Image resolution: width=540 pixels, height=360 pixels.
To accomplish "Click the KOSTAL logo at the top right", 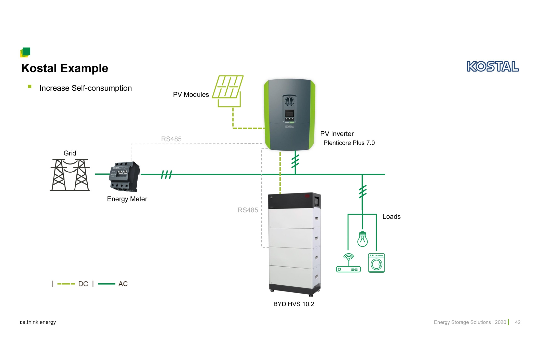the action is [493, 66].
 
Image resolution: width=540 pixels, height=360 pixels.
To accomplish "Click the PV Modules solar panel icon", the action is [228, 91].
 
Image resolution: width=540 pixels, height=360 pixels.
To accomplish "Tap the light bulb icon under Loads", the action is [362, 239].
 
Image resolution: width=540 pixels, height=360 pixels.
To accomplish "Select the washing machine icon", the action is [376, 263].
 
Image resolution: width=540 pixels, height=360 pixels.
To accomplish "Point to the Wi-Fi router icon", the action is [348, 263].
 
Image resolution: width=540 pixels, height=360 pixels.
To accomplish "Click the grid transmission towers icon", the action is [70, 175].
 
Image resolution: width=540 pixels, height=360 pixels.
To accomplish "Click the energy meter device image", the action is [125, 176].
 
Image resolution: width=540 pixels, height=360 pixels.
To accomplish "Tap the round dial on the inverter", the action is [289, 101].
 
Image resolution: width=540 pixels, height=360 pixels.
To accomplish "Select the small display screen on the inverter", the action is [289, 113].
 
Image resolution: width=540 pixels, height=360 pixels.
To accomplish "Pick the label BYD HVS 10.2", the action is [294, 304].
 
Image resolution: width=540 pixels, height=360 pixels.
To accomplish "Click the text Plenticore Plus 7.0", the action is [349, 143].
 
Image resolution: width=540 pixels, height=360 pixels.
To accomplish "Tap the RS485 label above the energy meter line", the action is [171, 139].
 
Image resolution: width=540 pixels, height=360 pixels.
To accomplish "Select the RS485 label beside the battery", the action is [248, 210].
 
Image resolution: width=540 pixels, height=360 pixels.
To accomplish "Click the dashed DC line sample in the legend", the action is [66, 284].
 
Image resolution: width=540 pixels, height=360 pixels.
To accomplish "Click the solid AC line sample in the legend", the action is [106, 284].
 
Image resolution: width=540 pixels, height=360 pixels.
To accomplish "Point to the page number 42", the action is [518, 322].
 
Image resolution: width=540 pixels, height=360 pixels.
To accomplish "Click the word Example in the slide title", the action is [84, 68].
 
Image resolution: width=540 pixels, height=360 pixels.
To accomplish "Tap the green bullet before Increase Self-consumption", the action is [30, 87].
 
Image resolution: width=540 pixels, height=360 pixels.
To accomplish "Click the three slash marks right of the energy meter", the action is [167, 175].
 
